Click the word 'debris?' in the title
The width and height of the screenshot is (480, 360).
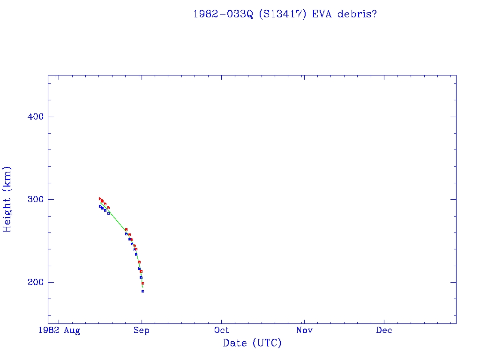point(360,14)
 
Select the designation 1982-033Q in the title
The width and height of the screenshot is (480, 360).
point(223,14)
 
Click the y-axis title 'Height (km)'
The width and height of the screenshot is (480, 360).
point(7,199)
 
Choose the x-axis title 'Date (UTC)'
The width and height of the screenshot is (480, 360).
point(252,343)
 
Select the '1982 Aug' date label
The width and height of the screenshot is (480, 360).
point(59,330)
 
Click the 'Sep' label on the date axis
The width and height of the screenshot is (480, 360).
point(141,330)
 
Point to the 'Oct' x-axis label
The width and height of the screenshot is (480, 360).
point(222,330)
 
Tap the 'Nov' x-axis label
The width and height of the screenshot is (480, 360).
point(304,330)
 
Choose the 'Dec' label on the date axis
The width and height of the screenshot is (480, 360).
point(384,330)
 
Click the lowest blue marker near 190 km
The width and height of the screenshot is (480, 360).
point(142,291)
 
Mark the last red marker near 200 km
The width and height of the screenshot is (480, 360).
point(142,283)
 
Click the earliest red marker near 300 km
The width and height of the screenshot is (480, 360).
point(100,199)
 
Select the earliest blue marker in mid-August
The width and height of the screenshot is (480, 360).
point(100,206)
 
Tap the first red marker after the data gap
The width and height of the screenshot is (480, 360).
point(126,230)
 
